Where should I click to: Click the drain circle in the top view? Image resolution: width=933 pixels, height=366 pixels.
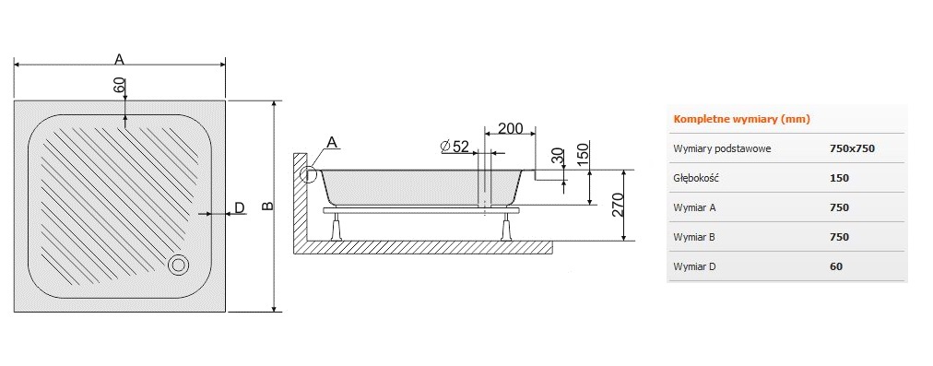click(x=178, y=265)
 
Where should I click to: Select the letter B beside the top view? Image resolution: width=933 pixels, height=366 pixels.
click(x=268, y=206)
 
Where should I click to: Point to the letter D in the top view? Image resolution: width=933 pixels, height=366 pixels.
click(x=239, y=207)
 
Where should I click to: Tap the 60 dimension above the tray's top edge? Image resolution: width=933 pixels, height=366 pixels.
click(x=119, y=85)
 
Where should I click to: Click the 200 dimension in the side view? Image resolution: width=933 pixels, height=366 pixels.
click(x=510, y=128)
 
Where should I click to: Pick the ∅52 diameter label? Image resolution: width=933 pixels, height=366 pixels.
click(x=455, y=146)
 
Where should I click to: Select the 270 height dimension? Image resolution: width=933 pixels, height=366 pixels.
click(x=617, y=206)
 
